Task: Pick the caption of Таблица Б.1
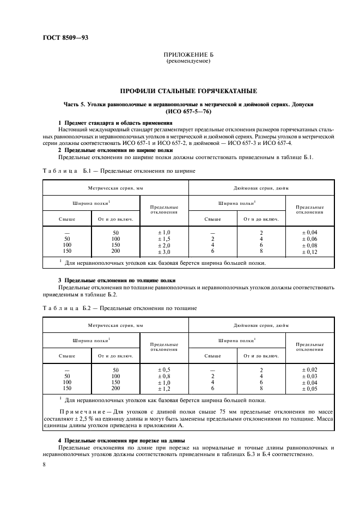[119, 171]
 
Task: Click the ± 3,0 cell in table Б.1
[164, 252]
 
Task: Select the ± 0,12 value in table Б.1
[309, 252]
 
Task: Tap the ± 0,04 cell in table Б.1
[309, 233]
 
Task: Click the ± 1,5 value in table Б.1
[164, 239]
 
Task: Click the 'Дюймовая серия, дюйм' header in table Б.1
[261, 188]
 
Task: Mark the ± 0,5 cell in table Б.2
[164, 369]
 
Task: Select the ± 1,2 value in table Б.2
[164, 389]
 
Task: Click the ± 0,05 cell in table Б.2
[309, 389]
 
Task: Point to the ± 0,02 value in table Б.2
[309, 369]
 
